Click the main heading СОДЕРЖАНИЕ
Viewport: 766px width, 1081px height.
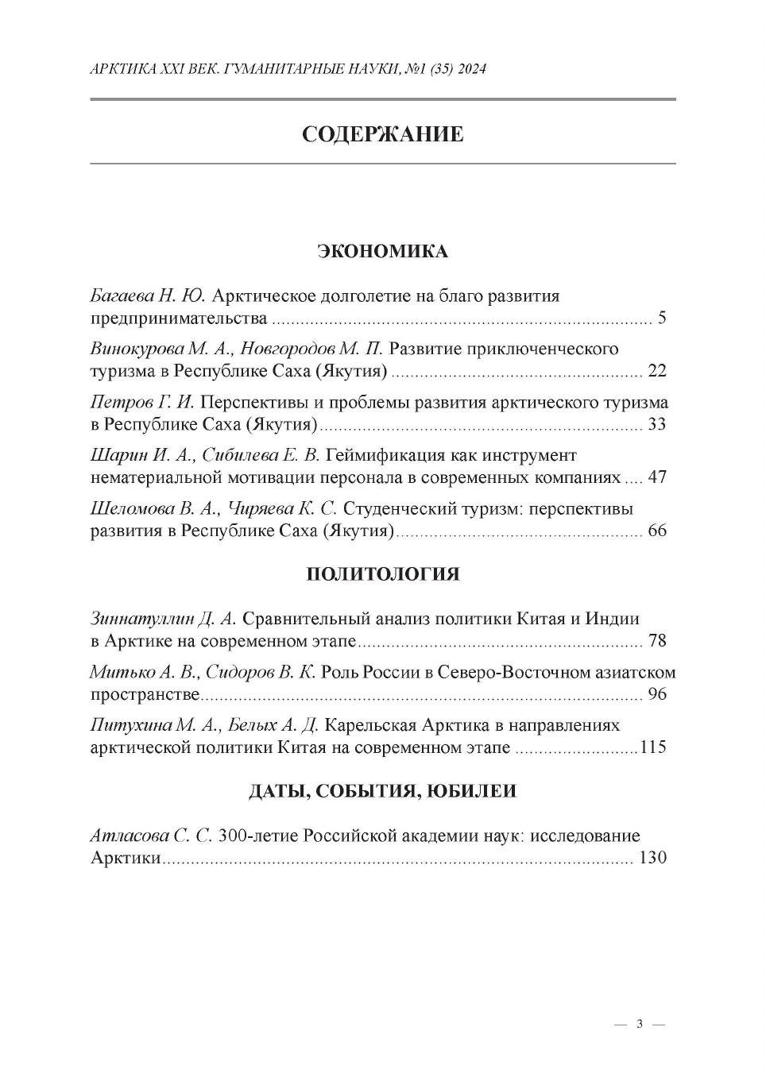tap(382, 134)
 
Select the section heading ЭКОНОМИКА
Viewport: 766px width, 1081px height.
tap(382, 252)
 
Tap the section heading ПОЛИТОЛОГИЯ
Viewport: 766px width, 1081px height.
tap(382, 574)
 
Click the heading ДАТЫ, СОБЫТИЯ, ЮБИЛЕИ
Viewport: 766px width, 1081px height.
tap(382, 791)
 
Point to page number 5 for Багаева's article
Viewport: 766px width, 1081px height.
tap(661, 319)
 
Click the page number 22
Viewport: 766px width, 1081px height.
tap(657, 371)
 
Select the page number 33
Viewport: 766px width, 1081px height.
tap(657, 424)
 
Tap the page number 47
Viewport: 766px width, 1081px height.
tap(657, 477)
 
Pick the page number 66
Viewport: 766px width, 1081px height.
tap(657, 531)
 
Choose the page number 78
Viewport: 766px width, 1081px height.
tap(657, 641)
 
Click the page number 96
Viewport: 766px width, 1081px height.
tap(657, 694)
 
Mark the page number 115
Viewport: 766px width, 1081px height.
tap(653, 747)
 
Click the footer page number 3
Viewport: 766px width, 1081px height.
tap(640, 1025)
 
